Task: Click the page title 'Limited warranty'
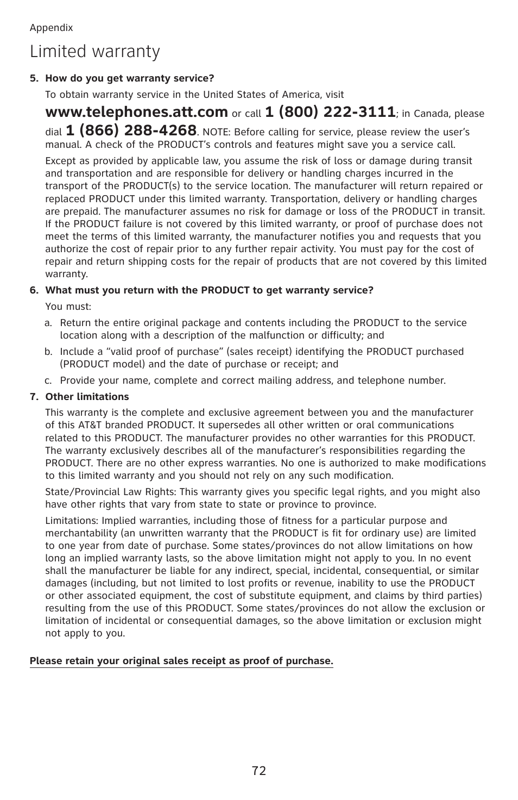pyautogui.click(x=95, y=52)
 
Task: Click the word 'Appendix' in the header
pyautogui.click(x=51, y=28)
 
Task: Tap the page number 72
pyautogui.click(x=259, y=771)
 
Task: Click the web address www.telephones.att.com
pyautogui.click(x=136, y=112)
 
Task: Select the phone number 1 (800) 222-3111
pyautogui.click(x=330, y=112)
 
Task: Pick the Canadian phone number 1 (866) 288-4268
pyautogui.click(x=131, y=130)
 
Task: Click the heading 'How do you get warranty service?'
pyautogui.click(x=129, y=78)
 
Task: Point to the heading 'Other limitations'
pyautogui.click(x=87, y=397)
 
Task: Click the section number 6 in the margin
pyautogui.click(x=33, y=290)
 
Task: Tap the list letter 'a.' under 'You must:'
pyautogui.click(x=48, y=323)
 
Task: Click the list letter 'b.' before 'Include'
pyautogui.click(x=48, y=352)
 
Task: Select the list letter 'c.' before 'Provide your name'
pyautogui.click(x=48, y=381)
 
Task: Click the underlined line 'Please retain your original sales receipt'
pyautogui.click(x=181, y=661)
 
